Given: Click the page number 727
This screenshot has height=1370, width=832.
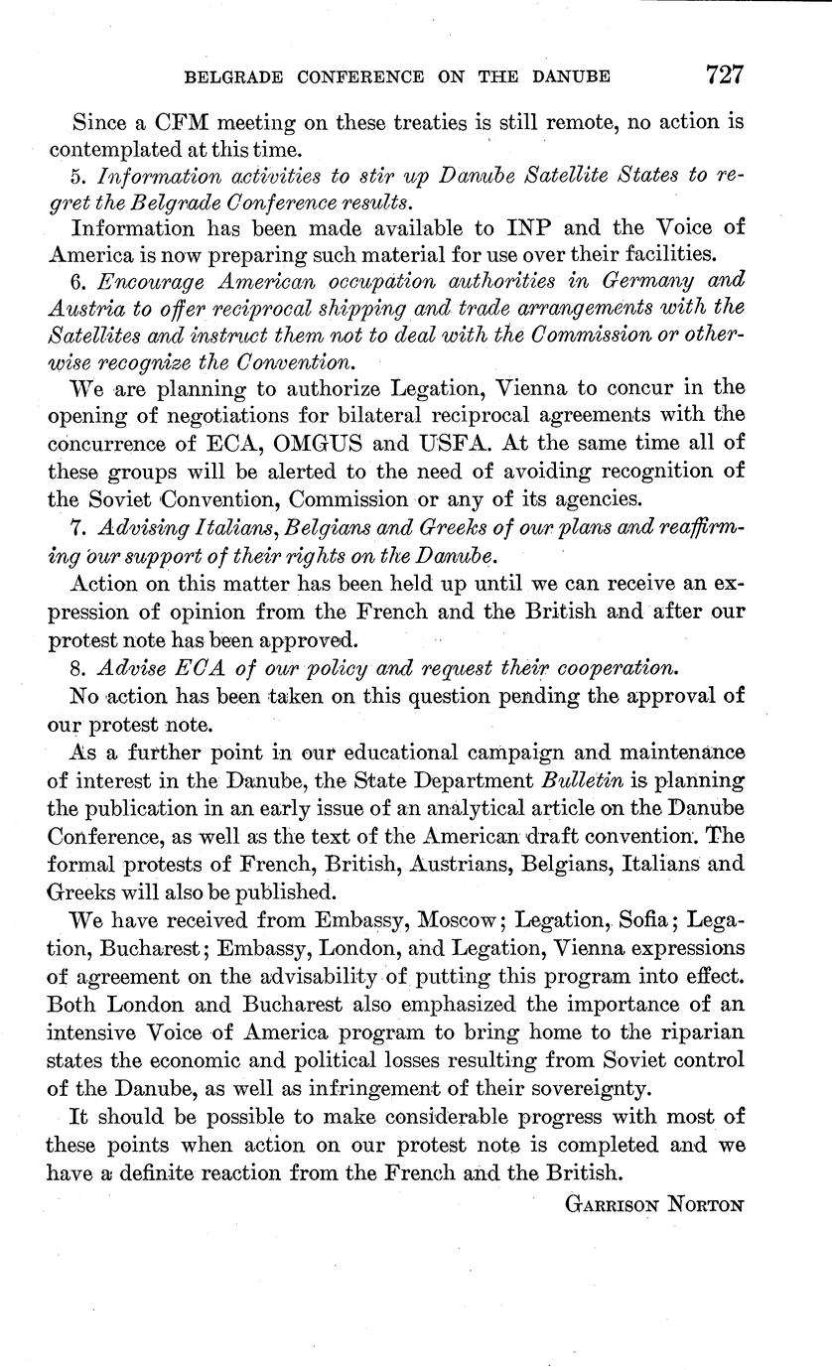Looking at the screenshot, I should (x=725, y=74).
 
